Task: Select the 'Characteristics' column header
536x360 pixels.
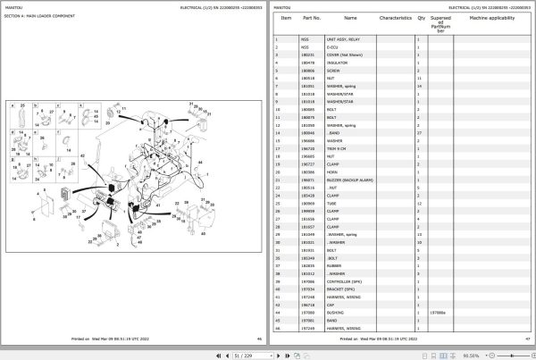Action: (x=395, y=17)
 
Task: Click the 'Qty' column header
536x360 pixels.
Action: (x=419, y=17)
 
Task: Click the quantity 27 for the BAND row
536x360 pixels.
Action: (x=419, y=132)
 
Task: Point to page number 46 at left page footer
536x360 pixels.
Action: (x=259, y=339)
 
